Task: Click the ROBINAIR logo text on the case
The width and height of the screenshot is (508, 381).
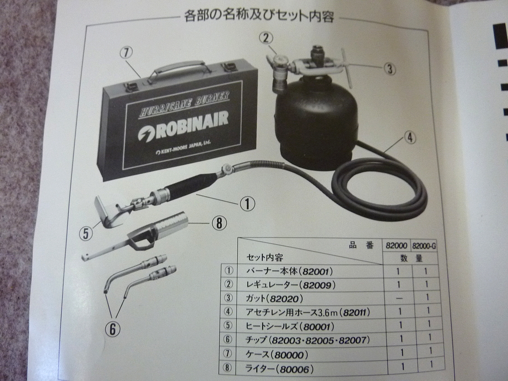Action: pyautogui.click(x=184, y=126)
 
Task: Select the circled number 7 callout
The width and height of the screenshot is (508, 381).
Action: pyautogui.click(x=126, y=53)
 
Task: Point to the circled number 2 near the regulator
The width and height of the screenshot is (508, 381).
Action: pyautogui.click(x=266, y=38)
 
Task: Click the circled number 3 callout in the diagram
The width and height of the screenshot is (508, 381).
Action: pyautogui.click(x=390, y=68)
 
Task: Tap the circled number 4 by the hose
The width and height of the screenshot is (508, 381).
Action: pyautogui.click(x=410, y=138)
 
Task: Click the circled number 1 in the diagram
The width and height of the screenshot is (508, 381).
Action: pyautogui.click(x=248, y=204)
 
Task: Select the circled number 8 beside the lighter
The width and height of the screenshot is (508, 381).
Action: pyautogui.click(x=219, y=223)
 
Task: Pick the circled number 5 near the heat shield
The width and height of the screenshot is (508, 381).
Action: pyautogui.click(x=86, y=233)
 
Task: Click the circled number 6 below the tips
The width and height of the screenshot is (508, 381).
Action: pyautogui.click(x=112, y=329)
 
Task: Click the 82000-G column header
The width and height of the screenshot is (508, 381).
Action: pyautogui.click(x=424, y=246)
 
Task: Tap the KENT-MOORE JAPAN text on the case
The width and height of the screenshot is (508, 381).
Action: pyautogui.click(x=183, y=148)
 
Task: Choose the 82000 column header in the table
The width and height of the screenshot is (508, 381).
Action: pyautogui.click(x=396, y=246)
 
